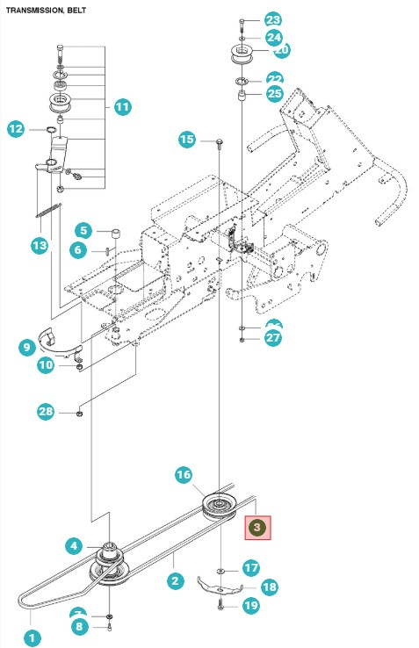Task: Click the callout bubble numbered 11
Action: (x=122, y=107)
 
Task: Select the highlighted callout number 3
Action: (x=257, y=528)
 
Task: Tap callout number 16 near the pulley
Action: (x=183, y=475)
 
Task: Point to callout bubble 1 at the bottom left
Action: (x=32, y=638)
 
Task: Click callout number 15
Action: (x=186, y=139)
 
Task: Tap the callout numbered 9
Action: (x=26, y=347)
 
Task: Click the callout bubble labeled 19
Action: (x=250, y=605)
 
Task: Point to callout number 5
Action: (x=82, y=231)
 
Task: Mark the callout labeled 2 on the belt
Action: (x=175, y=580)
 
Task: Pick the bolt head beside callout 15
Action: (x=214, y=140)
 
